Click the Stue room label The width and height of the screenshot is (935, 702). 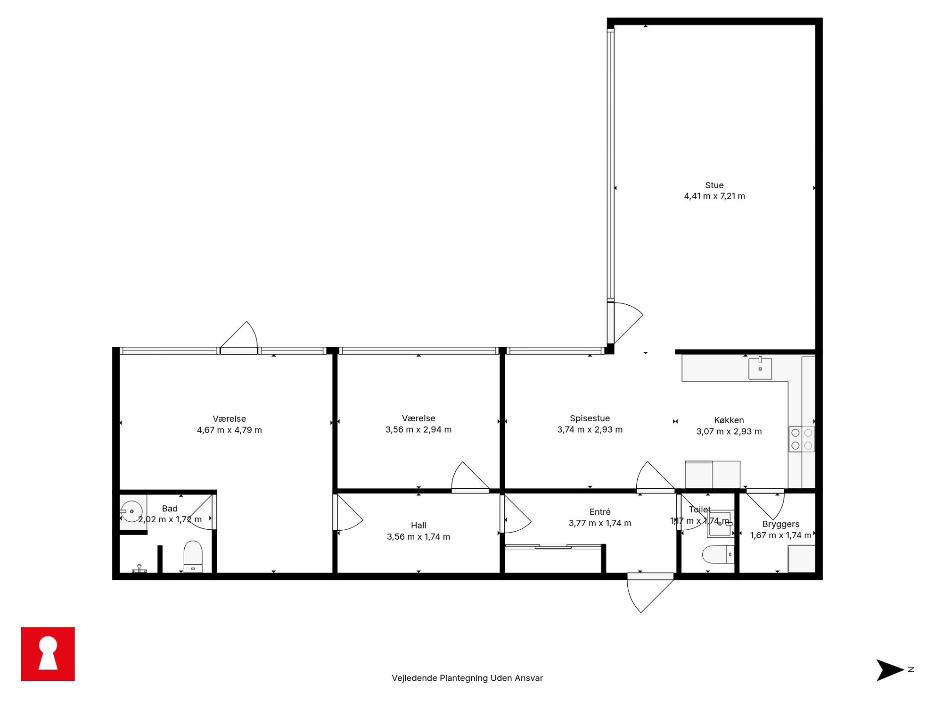coord(714,185)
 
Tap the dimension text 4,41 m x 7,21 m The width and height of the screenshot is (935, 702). coord(714,196)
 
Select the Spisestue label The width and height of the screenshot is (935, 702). coord(590,418)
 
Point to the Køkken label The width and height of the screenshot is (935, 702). coord(729,420)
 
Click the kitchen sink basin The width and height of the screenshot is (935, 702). coord(760,368)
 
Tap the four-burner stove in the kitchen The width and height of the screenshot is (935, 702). coord(801,439)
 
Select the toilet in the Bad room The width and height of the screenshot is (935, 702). coord(193,556)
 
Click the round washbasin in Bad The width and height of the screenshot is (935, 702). coord(131,511)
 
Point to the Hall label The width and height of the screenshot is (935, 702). coord(418,526)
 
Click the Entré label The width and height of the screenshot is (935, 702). coord(600,512)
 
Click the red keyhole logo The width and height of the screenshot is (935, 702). coord(48,654)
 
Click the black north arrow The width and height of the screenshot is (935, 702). coord(889,670)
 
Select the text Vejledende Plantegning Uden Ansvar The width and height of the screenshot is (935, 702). coord(467,678)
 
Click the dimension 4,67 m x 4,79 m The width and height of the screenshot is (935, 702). coord(229,430)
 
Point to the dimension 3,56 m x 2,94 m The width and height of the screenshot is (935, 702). coord(418,430)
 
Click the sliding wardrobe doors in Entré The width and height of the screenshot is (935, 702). coord(553,547)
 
